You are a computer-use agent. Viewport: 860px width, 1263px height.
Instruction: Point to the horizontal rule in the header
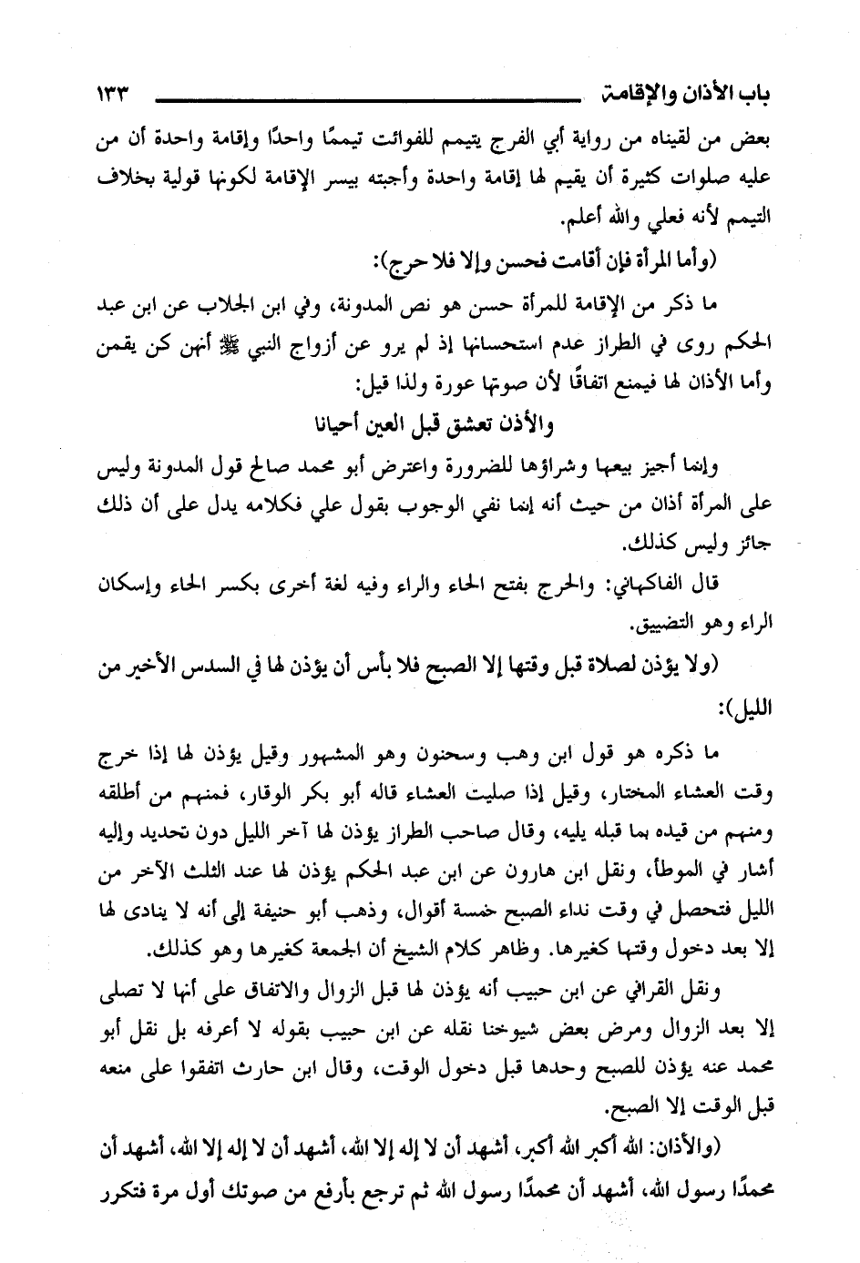coord(364,97)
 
